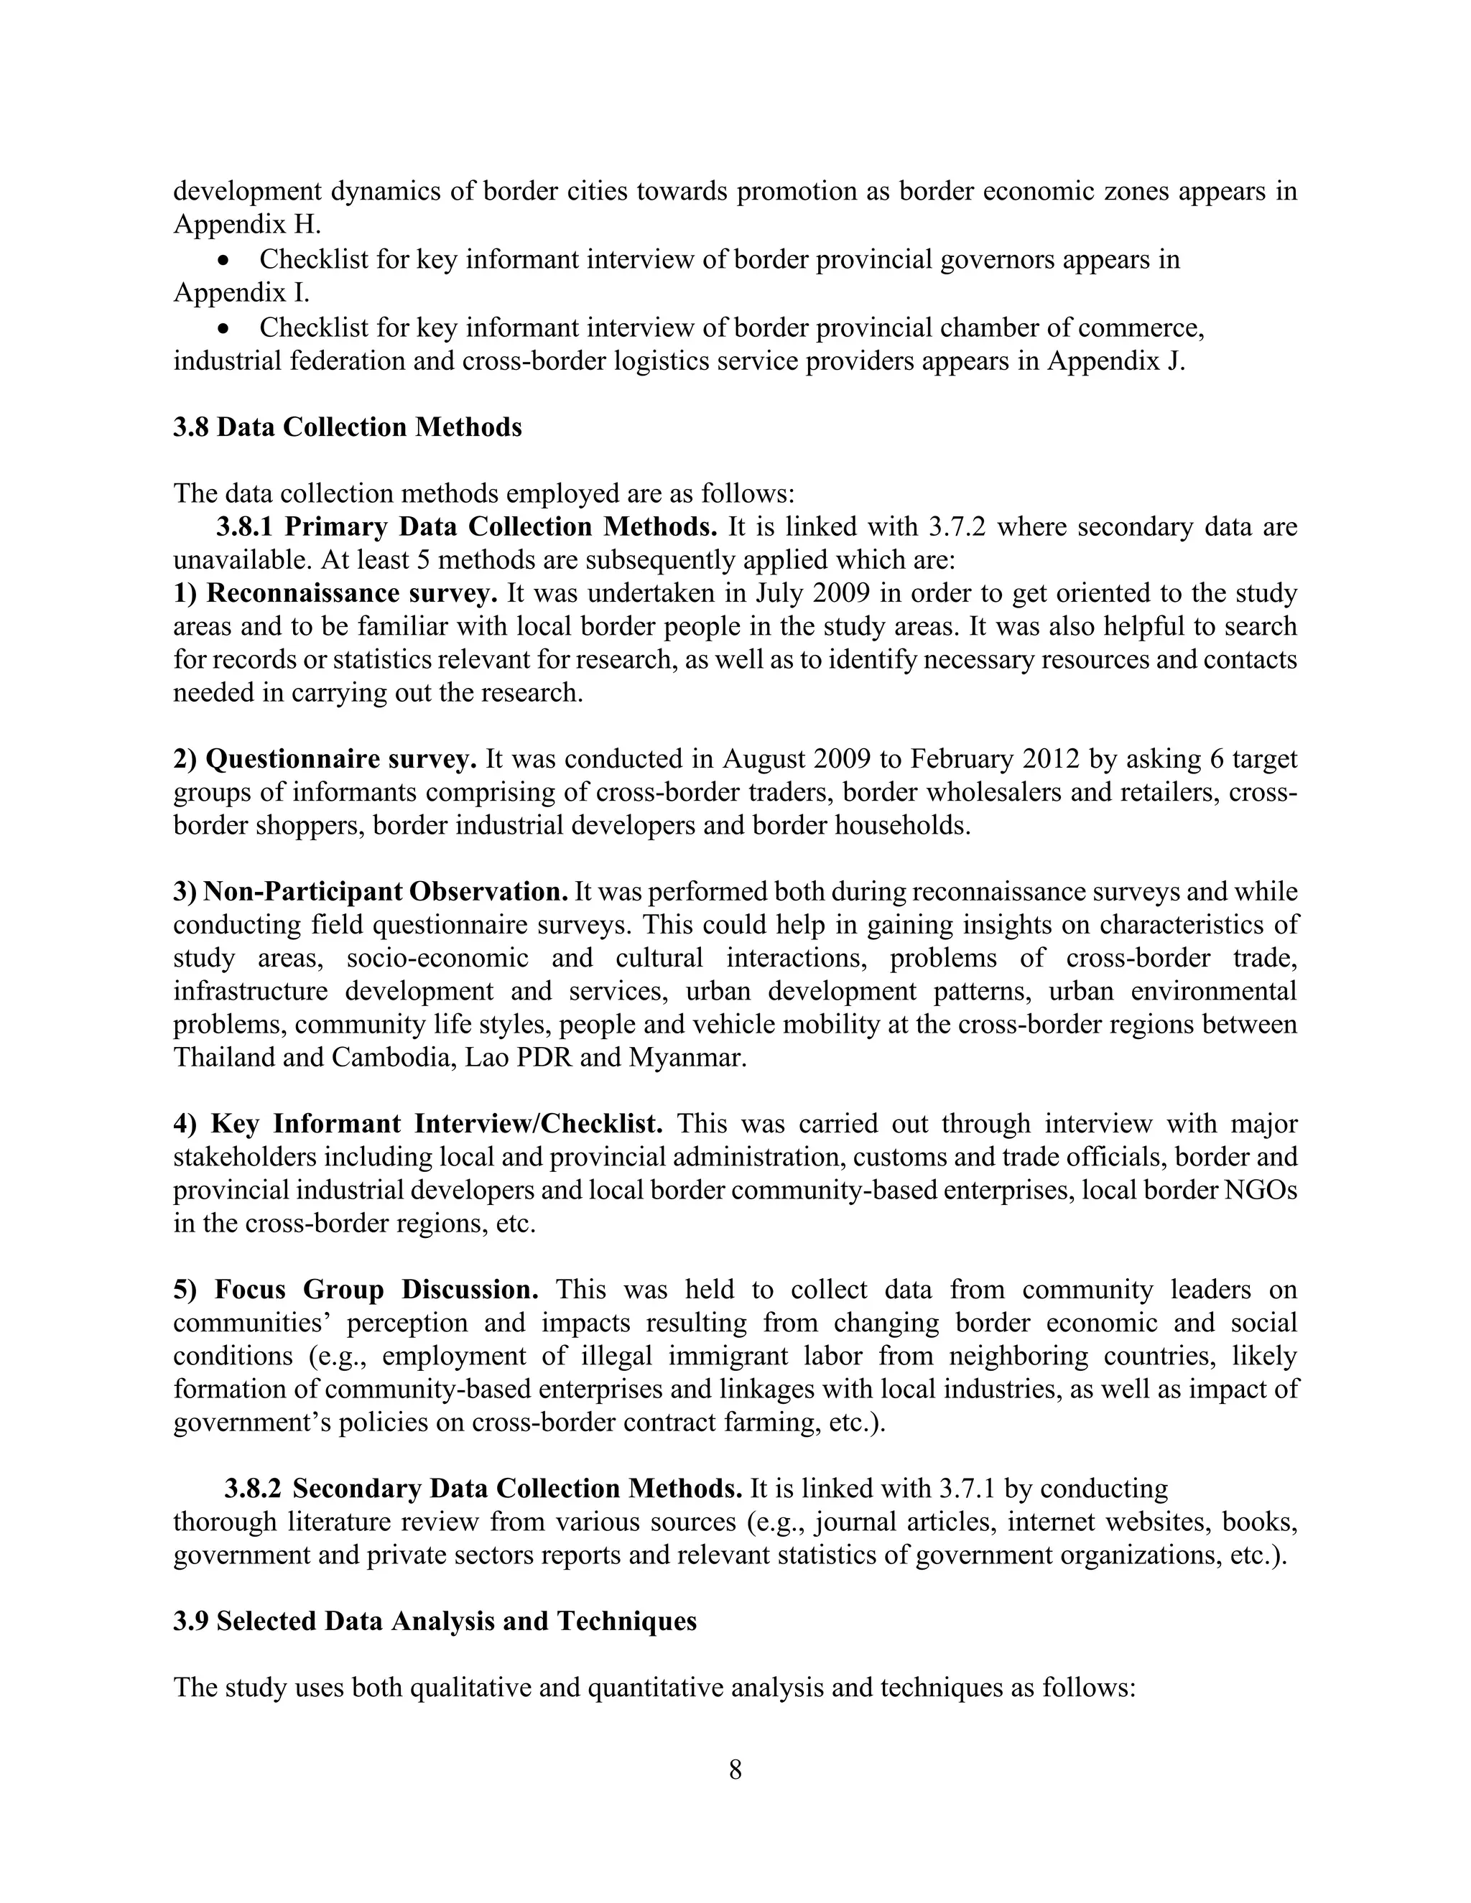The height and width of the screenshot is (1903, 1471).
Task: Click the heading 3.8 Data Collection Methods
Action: click(347, 428)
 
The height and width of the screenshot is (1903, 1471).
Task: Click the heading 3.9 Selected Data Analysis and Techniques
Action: click(434, 1621)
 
